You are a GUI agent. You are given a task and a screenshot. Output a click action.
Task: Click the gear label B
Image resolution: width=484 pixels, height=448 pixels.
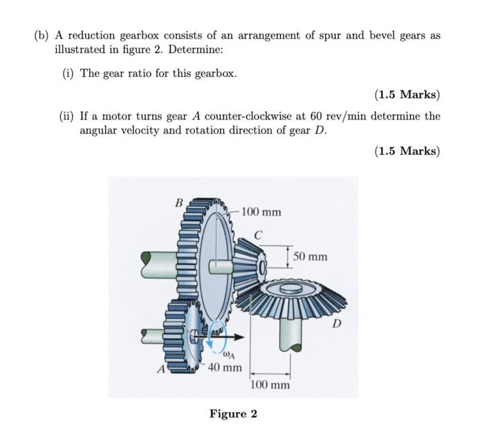point(178,203)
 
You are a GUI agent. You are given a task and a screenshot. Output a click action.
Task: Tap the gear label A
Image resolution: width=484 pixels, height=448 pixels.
point(160,368)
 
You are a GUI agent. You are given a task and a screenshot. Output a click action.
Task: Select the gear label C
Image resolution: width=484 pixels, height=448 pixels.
point(257,236)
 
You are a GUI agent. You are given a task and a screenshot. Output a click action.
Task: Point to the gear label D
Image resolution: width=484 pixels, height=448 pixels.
point(337,322)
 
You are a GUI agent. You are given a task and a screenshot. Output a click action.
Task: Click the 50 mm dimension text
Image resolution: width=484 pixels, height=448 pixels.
point(310,256)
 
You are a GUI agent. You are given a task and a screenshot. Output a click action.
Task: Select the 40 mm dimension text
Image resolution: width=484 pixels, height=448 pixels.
point(225,367)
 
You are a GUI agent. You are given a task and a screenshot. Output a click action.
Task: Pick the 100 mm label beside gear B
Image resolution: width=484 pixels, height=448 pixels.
point(261,211)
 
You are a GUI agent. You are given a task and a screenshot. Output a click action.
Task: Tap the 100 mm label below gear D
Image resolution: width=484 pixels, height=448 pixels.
point(270,384)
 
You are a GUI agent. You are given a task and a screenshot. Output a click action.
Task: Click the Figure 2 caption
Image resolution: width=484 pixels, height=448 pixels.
point(233,413)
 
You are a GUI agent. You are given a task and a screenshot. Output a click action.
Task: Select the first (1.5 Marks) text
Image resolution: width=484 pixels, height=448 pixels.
point(407,94)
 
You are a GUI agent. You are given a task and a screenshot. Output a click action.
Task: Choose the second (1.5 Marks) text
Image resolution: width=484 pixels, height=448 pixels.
point(407,151)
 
